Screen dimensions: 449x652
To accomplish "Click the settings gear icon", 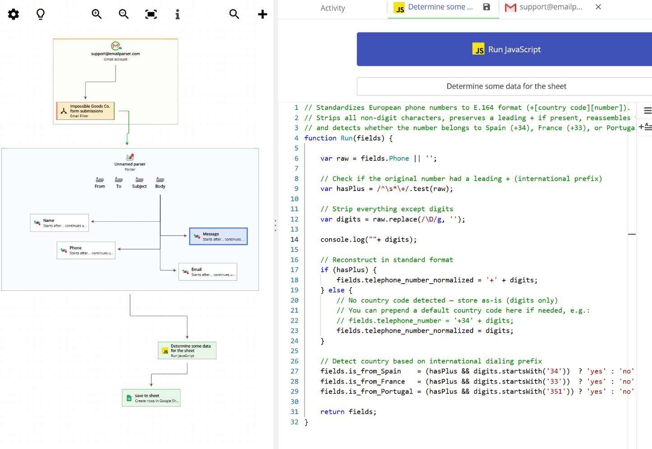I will pos(14,14).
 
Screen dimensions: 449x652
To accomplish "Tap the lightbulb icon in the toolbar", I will pos(41,14).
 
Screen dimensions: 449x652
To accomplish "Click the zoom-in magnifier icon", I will pos(97,14).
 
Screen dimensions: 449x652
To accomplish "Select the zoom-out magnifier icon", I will pos(124,14).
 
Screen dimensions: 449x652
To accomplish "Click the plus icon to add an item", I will pos(262,14).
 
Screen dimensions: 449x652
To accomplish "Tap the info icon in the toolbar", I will pos(177,14).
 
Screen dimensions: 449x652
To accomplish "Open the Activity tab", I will pos(333,8).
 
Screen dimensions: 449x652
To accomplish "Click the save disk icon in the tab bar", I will pos(486,7).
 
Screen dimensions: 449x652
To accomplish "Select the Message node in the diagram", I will pos(218,236).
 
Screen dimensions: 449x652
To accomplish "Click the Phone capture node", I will pos(86,250).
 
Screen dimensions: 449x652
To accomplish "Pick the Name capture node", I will pos(60,223).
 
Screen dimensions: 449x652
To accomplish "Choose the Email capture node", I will pos(208,272).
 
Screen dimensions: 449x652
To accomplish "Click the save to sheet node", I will pos(151,398).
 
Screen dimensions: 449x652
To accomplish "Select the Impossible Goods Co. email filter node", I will pos(85,111).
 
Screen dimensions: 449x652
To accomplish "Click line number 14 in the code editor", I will pos(294,239).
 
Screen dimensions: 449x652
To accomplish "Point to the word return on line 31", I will pos(332,412).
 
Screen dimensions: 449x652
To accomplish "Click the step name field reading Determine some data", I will pos(506,86).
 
